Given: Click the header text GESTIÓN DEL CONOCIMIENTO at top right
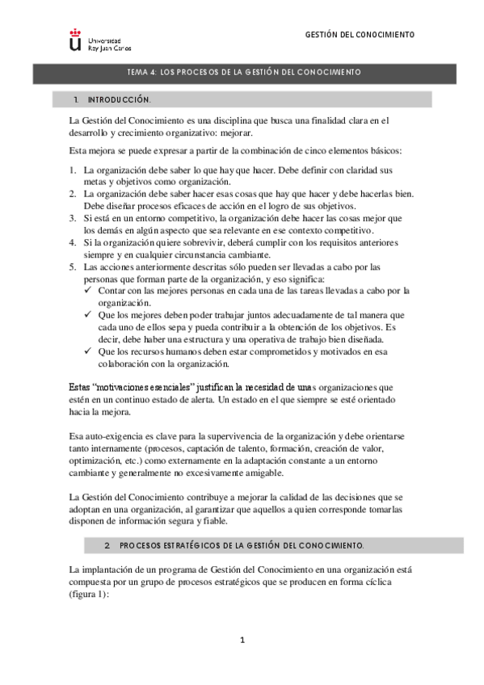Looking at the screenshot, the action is pyautogui.click(x=360, y=36).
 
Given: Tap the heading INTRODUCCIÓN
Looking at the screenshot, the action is pyautogui.click(x=119, y=100).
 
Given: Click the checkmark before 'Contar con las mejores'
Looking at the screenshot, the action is pyautogui.click(x=89, y=290).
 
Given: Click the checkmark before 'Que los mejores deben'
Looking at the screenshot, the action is pyautogui.click(x=89, y=315).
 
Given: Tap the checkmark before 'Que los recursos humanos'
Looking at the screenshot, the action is pyautogui.click(x=89, y=352).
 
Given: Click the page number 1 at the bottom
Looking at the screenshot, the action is pyautogui.click(x=242, y=641).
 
